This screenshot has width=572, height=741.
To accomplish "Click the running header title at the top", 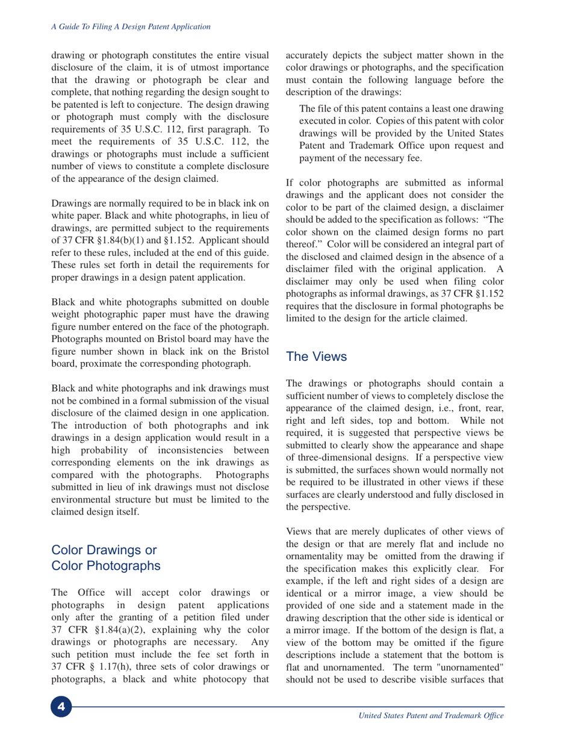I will pyautogui.click(x=130, y=27).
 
